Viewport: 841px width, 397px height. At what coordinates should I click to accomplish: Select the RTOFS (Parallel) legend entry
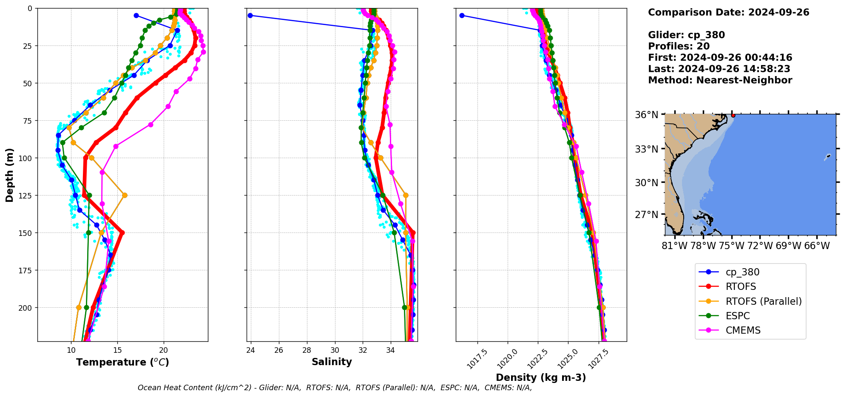763,301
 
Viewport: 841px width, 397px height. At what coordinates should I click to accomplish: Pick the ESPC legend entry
737,316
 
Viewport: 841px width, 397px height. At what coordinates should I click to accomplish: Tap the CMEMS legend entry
743,330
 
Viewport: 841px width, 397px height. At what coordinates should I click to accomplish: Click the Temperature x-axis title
122,362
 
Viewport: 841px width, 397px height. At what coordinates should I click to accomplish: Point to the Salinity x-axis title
332,362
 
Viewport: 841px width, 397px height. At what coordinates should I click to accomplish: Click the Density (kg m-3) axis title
541,377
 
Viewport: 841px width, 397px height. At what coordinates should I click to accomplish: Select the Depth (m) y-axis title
10,175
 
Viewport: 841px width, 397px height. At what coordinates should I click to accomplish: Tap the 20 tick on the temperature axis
164,350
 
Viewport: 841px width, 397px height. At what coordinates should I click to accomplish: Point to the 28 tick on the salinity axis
307,350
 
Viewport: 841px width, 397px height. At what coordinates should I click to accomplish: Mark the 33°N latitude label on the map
646,149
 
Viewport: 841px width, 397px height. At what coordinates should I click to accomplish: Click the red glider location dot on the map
733,115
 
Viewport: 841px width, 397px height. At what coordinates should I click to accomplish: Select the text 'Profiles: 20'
679,46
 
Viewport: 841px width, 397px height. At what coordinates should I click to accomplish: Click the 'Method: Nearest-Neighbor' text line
720,80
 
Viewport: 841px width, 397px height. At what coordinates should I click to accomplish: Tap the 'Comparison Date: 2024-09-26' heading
728,12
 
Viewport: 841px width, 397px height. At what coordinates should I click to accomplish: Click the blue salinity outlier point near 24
250,16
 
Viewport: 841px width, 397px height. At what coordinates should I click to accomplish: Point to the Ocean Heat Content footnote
335,388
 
